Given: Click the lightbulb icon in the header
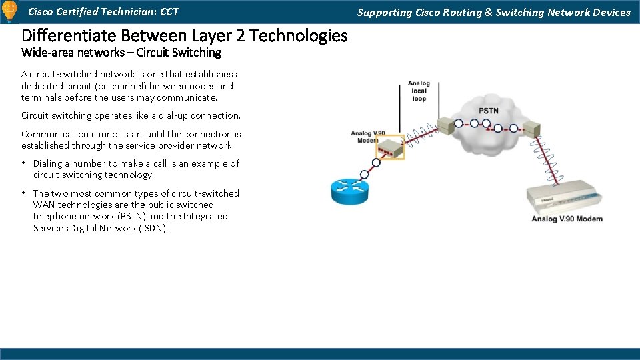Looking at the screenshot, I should point(9,11).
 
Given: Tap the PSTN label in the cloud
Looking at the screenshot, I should point(489,111).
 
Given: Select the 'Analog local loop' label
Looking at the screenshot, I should point(419,91).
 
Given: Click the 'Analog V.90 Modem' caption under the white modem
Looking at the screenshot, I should point(567,219).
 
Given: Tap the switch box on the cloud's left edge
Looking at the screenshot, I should point(446,125).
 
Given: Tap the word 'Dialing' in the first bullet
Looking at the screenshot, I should point(47,163).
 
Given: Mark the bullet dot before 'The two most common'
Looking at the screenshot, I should point(24,193).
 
